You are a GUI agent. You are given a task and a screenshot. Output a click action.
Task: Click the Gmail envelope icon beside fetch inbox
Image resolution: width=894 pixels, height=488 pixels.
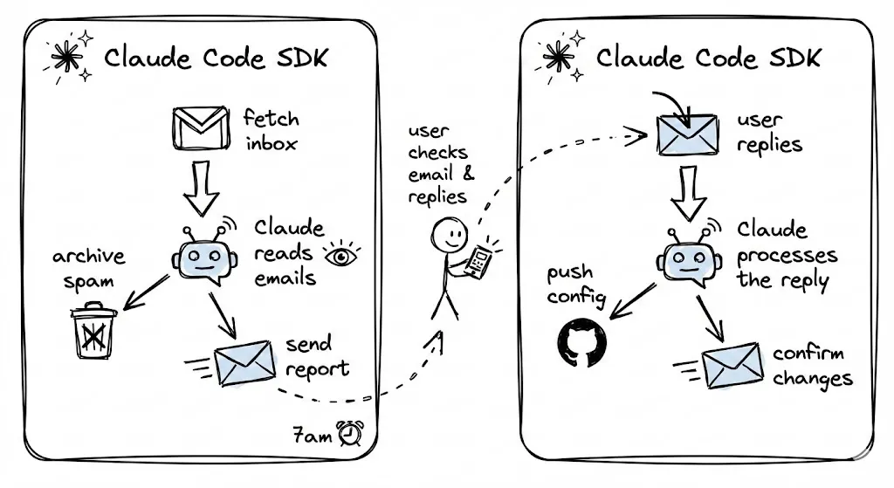pos(202,128)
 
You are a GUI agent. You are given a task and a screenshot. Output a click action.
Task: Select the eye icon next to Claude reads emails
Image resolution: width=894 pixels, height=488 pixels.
pos(341,255)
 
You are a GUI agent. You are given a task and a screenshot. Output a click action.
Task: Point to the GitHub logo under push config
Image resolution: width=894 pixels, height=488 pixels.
pos(574,340)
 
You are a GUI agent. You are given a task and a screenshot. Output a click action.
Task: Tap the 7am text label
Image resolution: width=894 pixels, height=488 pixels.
pos(313,435)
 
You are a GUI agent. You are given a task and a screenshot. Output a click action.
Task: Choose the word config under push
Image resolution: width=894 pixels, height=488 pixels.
pos(576,297)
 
